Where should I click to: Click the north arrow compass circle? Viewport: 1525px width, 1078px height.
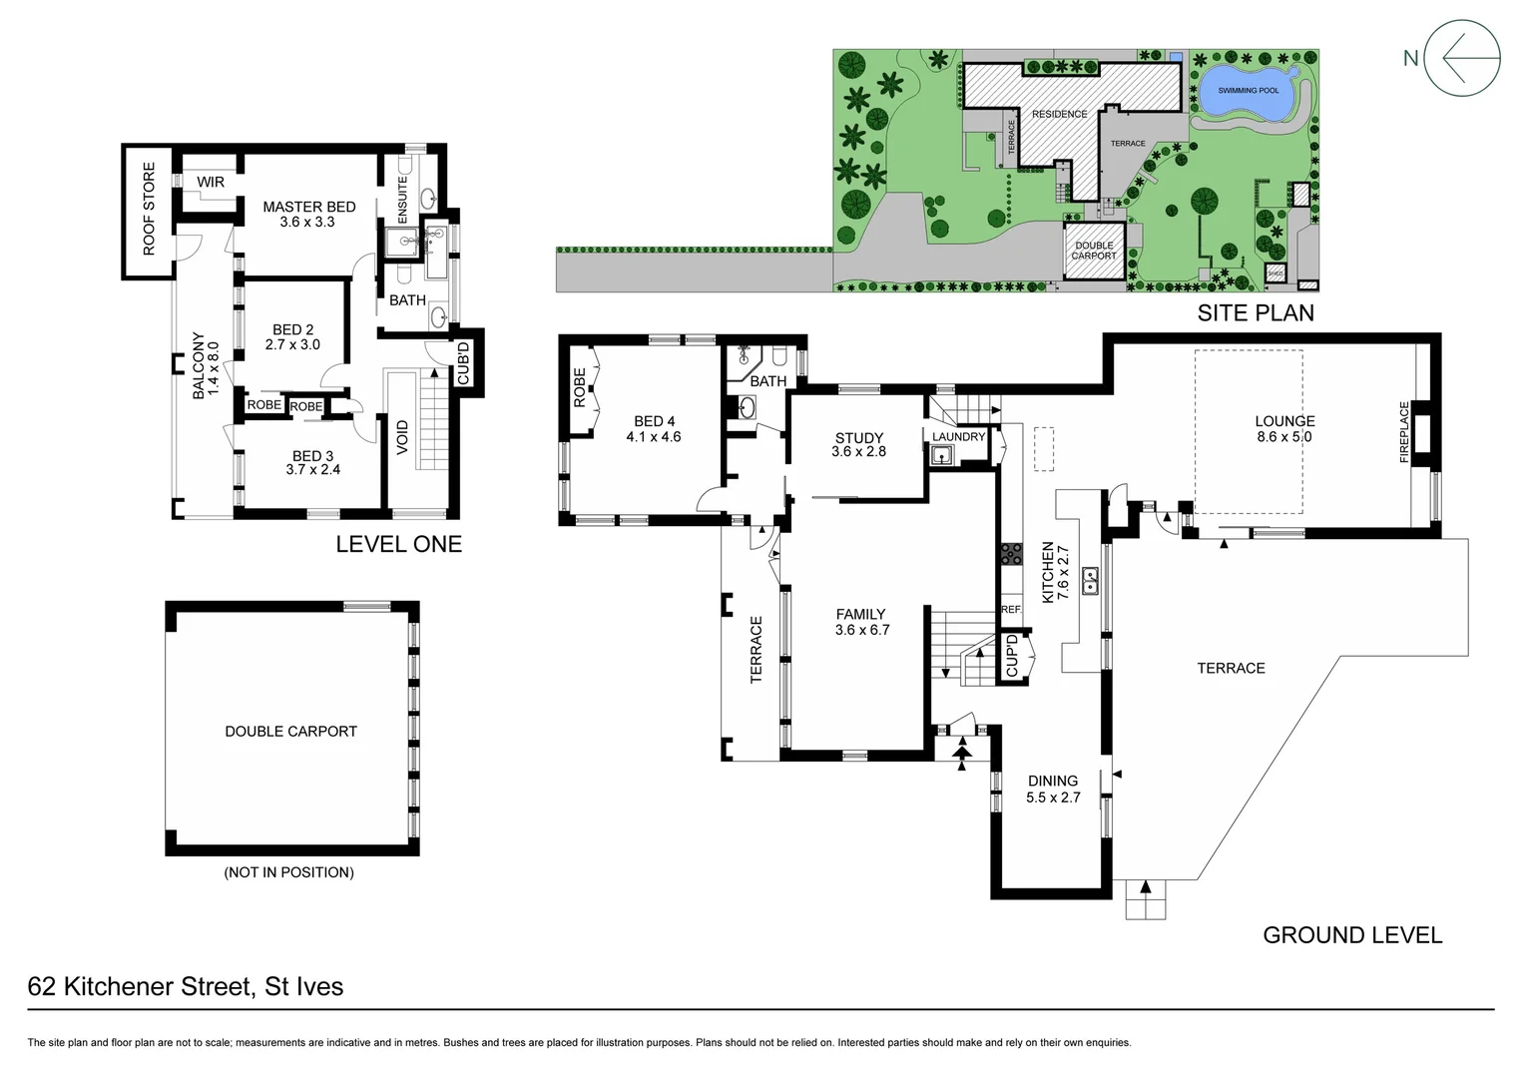tap(1462, 59)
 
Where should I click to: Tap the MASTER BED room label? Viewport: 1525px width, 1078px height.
tap(308, 207)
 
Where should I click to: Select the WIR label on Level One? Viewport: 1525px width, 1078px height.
tap(211, 183)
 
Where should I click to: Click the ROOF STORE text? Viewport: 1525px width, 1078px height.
tap(149, 209)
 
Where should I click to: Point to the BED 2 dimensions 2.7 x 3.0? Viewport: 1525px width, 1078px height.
tap(292, 345)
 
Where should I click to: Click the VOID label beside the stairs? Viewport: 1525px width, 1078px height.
tap(402, 437)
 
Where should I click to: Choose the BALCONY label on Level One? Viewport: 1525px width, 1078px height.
tap(198, 366)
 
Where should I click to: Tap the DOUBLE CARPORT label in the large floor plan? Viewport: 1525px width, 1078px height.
tap(290, 732)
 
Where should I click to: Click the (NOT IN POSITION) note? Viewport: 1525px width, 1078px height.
tap(289, 872)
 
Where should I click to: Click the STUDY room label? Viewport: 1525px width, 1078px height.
tap(859, 437)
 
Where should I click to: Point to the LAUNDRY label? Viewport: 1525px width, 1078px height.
tap(958, 437)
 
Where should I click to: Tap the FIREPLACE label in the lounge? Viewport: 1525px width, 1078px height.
tap(1404, 432)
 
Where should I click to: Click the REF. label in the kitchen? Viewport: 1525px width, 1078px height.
tap(1011, 609)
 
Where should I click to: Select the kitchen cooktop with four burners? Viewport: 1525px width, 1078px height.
tap(1011, 554)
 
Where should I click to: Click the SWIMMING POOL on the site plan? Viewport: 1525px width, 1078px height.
tap(1248, 90)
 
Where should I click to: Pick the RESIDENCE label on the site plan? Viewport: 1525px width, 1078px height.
tap(1059, 114)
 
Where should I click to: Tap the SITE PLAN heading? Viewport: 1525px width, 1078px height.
tap(1256, 312)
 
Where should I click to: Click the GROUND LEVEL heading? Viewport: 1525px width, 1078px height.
tap(1352, 935)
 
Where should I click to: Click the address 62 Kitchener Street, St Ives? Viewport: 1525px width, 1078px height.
tap(186, 987)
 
